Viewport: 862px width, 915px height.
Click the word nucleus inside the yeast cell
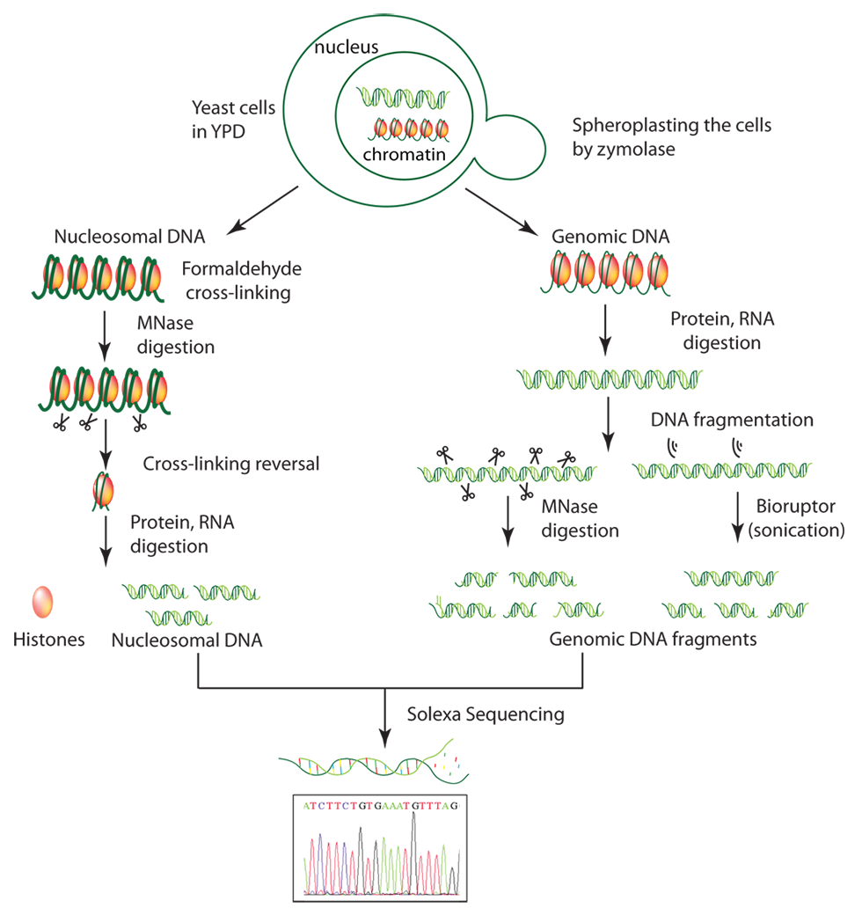[x=346, y=47]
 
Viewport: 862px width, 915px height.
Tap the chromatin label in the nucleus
[x=404, y=154]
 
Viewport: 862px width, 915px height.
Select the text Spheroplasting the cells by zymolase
[x=671, y=136]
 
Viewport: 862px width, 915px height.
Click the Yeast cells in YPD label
[x=233, y=120]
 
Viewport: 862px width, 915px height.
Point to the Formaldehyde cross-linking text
[x=242, y=280]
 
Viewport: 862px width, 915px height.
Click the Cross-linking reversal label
[x=231, y=464]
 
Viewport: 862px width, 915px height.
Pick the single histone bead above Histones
[x=42, y=602]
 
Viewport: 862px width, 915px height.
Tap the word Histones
[x=49, y=640]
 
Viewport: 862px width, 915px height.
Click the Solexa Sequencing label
[x=486, y=714]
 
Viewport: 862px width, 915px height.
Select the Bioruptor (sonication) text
[x=797, y=517]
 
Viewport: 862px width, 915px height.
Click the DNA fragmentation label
[x=732, y=420]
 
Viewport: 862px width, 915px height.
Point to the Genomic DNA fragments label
[x=654, y=639]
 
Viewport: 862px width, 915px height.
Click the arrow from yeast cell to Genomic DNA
[x=501, y=212]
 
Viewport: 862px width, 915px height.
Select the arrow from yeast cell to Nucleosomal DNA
[x=262, y=210]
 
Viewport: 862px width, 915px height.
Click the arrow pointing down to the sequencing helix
[x=384, y=718]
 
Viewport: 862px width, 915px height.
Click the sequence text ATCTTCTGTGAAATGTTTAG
[x=380, y=806]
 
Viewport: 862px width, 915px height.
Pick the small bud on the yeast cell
[x=513, y=147]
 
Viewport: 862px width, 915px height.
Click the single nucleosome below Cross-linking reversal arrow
[x=103, y=491]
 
